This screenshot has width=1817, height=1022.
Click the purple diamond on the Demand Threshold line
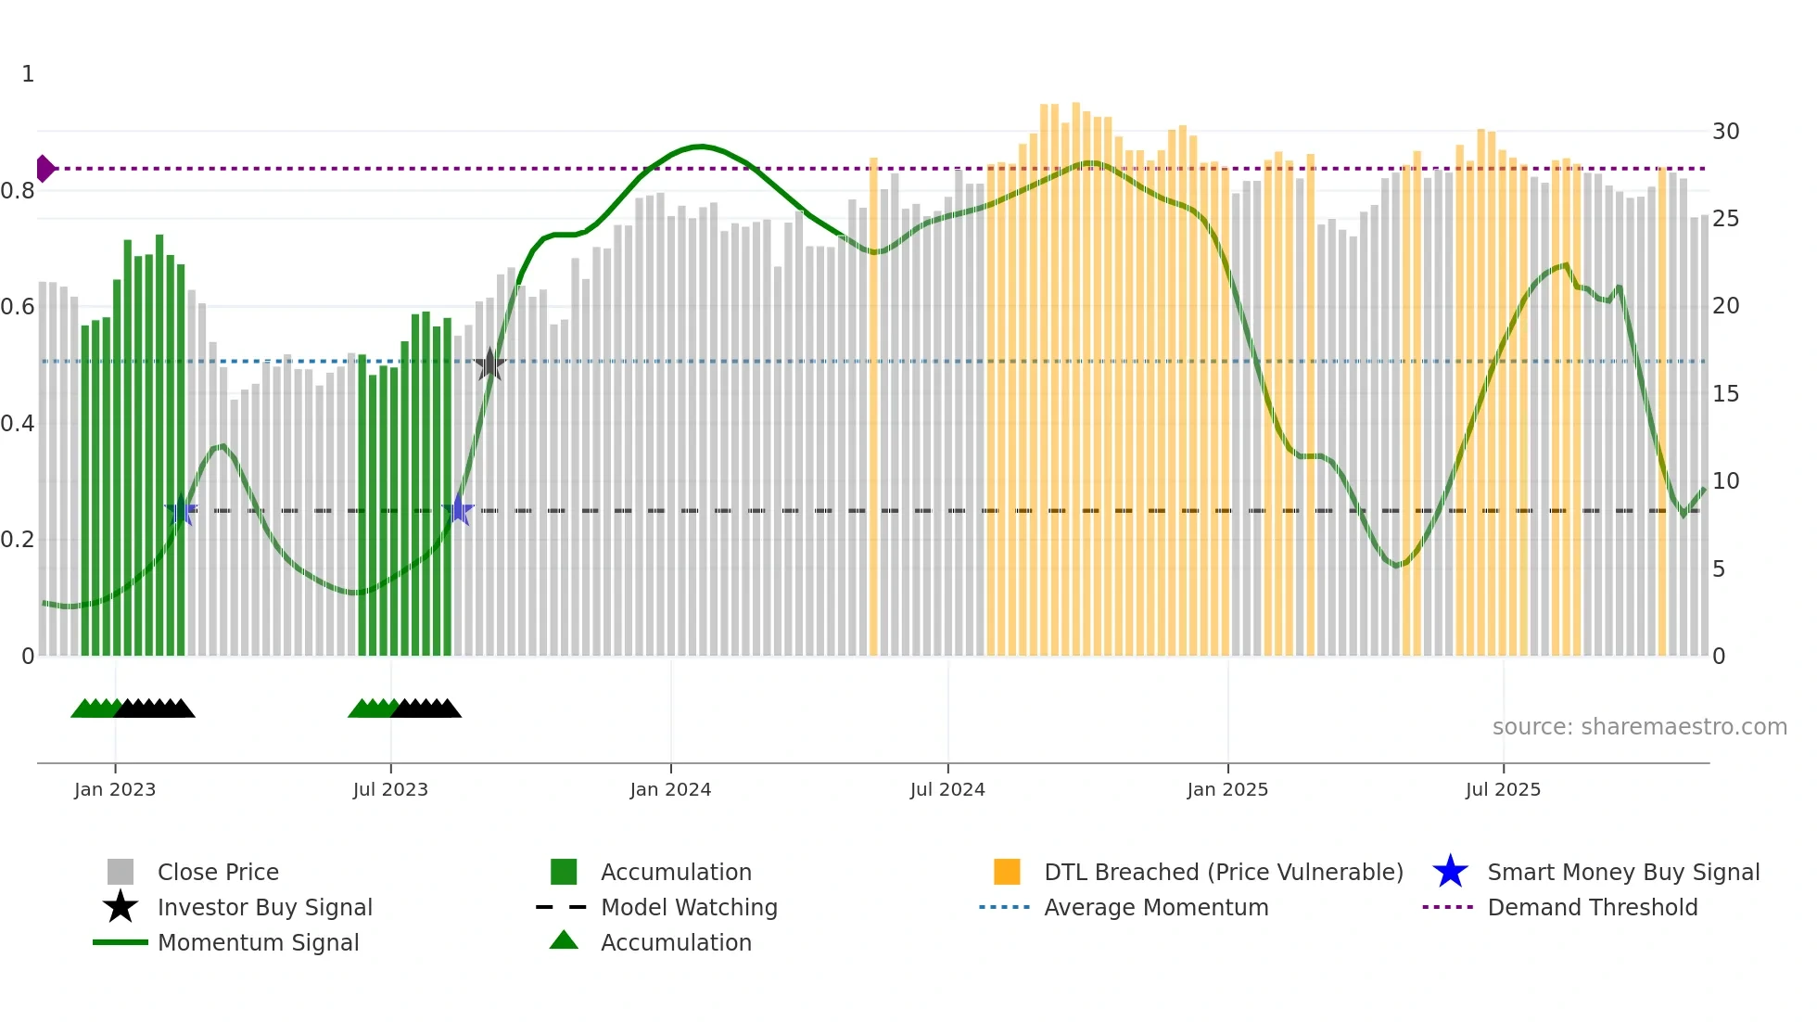pyautogui.click(x=44, y=169)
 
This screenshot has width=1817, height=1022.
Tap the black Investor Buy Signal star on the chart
pyautogui.click(x=489, y=364)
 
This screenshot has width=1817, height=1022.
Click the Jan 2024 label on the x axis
pyautogui.click(x=670, y=789)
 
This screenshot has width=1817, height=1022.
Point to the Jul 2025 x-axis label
pyautogui.click(x=1503, y=789)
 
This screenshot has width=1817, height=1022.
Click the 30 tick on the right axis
pyautogui.click(x=1725, y=132)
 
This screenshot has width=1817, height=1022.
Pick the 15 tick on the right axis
pyautogui.click(x=1725, y=394)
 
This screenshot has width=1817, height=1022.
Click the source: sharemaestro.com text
pyautogui.click(x=1639, y=727)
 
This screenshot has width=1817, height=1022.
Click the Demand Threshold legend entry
pyautogui.click(x=1592, y=907)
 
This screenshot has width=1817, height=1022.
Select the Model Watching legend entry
pyautogui.click(x=688, y=907)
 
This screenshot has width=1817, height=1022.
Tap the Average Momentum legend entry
pyautogui.click(x=1155, y=907)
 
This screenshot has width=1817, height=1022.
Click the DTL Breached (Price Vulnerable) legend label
pyautogui.click(x=1223, y=872)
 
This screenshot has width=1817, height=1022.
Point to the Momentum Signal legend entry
pyautogui.click(x=258, y=942)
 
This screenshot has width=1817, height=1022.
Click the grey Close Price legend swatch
pyautogui.click(x=121, y=872)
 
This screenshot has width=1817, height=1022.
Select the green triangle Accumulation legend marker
pyautogui.click(x=564, y=940)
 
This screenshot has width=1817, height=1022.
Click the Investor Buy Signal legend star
pyautogui.click(x=121, y=907)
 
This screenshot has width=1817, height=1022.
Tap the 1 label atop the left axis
pyautogui.click(x=28, y=74)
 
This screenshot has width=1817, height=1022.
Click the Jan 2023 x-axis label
pyautogui.click(x=115, y=789)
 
